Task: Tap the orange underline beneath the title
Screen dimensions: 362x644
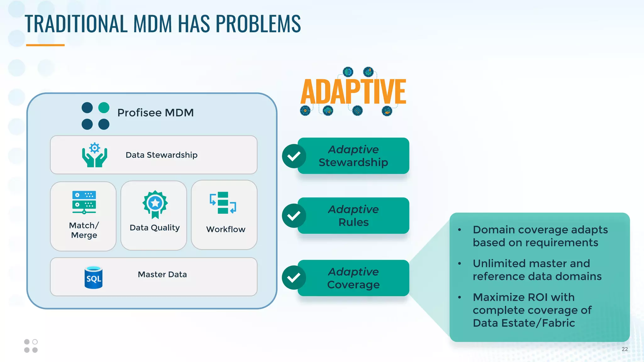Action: pyautogui.click(x=45, y=45)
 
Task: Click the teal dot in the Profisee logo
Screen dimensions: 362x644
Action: pyautogui.click(x=104, y=108)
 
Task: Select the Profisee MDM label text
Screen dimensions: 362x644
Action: pyautogui.click(x=155, y=112)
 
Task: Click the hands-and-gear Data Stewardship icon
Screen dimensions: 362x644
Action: pyautogui.click(x=94, y=155)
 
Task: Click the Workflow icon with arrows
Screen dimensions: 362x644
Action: pyautogui.click(x=223, y=203)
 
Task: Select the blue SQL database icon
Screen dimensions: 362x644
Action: pyautogui.click(x=93, y=277)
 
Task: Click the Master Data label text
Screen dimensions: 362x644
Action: pyautogui.click(x=162, y=274)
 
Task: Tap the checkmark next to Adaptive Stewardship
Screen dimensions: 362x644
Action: pyautogui.click(x=294, y=156)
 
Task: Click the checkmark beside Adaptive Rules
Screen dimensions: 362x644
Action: pyautogui.click(x=294, y=216)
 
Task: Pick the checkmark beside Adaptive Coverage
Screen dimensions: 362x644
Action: pyautogui.click(x=294, y=277)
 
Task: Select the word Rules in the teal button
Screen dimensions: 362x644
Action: pyautogui.click(x=353, y=222)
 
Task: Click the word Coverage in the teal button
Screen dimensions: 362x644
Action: pyautogui.click(x=353, y=285)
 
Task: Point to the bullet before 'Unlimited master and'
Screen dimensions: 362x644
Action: pyautogui.click(x=459, y=263)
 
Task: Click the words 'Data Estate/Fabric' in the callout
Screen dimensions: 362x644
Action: pyautogui.click(x=524, y=323)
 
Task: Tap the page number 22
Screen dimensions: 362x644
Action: pyautogui.click(x=625, y=349)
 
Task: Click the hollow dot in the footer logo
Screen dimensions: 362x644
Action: pyautogui.click(x=35, y=342)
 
